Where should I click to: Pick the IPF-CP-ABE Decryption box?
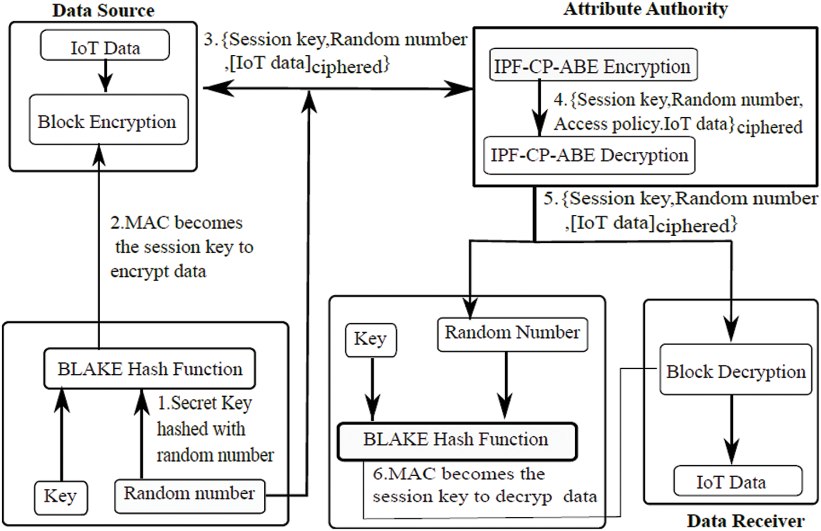589,156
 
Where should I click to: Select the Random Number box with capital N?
512,333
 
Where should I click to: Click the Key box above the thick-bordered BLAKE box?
371,340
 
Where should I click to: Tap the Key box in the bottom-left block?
60,497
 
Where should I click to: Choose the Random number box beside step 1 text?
189,495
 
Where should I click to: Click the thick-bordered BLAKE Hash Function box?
456,440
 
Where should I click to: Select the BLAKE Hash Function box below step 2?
149,368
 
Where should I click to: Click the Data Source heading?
103,10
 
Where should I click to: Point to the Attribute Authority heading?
645,9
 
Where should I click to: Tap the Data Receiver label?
745,520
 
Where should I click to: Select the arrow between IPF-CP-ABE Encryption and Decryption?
540,109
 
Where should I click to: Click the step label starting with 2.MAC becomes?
181,247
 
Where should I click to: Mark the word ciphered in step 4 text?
770,127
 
